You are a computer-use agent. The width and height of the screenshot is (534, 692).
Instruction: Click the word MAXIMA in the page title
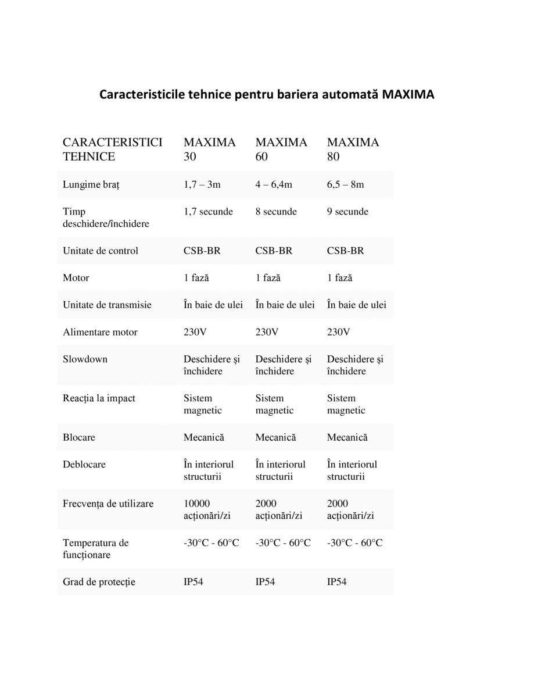pyautogui.click(x=408, y=94)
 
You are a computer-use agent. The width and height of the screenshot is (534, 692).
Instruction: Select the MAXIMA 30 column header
pyautogui.click(x=209, y=149)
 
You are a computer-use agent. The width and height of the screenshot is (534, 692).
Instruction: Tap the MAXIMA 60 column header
pyautogui.click(x=281, y=149)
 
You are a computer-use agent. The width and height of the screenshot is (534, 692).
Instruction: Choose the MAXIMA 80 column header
pyautogui.click(x=353, y=149)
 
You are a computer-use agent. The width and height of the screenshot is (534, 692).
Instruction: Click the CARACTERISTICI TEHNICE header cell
pyautogui.click(x=112, y=149)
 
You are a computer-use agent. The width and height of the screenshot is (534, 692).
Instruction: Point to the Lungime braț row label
pyautogui.click(x=91, y=185)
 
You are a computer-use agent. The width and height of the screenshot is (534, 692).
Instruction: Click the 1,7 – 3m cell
pyautogui.click(x=202, y=185)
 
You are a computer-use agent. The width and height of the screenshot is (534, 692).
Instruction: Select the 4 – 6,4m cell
pyautogui.click(x=274, y=185)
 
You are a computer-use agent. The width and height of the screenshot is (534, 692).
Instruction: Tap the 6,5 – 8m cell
pyautogui.click(x=346, y=185)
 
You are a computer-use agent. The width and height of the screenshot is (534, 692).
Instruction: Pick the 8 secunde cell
pyautogui.click(x=276, y=212)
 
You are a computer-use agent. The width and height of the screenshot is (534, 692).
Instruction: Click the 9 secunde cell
pyautogui.click(x=347, y=212)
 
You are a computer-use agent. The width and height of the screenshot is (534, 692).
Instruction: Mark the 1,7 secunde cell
pyautogui.click(x=208, y=212)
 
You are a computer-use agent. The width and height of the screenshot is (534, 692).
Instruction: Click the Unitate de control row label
pyautogui.click(x=101, y=251)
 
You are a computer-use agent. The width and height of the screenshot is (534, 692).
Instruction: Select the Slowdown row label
pyautogui.click(x=85, y=359)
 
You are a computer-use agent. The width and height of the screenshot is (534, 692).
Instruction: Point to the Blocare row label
pyautogui.click(x=79, y=437)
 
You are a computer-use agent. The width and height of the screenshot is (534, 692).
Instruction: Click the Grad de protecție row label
pyautogui.click(x=99, y=582)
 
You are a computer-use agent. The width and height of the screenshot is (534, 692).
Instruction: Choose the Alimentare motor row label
pyautogui.click(x=100, y=333)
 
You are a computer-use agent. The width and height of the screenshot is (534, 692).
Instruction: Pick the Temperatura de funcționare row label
pyautogui.click(x=95, y=549)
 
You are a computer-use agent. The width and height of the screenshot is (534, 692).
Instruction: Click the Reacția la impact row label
pyautogui.click(x=99, y=398)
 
